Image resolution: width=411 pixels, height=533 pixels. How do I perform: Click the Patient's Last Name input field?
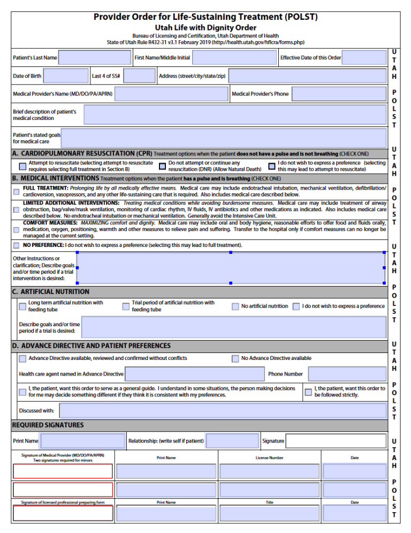pyautogui.click(x=95, y=57)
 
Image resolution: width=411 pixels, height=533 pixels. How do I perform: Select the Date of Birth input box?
pyautogui.click(x=66, y=76)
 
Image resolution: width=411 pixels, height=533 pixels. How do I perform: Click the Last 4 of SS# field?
pyautogui.click(x=139, y=76)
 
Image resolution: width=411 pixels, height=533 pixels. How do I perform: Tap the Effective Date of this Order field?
pyautogui.click(x=364, y=57)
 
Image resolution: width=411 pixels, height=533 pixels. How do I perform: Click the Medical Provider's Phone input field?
pyautogui.click(x=338, y=94)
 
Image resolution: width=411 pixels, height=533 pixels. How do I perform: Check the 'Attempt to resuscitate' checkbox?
pyautogui.click(x=22, y=166)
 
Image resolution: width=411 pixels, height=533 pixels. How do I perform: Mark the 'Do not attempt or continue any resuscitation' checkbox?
pyautogui.click(x=162, y=166)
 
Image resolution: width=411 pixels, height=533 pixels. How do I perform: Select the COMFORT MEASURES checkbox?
pyautogui.click(x=16, y=229)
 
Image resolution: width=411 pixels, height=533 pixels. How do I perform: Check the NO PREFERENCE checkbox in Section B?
pyautogui.click(x=16, y=245)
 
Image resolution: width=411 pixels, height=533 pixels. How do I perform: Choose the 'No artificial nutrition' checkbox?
pyautogui.click(x=235, y=306)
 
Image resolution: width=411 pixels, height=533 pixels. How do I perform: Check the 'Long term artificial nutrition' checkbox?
pyautogui.click(x=22, y=306)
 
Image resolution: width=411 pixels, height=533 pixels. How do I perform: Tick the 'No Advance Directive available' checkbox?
pyautogui.click(x=235, y=358)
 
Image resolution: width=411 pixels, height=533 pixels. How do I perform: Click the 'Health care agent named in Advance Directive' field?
pyautogui.click(x=194, y=374)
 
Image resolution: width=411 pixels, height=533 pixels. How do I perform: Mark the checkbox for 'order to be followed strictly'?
pyautogui.click(x=308, y=392)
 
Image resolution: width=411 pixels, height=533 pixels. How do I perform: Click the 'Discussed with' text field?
pyautogui.click(x=223, y=411)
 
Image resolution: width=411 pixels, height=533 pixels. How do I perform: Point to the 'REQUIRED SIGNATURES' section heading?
pyautogui.click(x=48, y=425)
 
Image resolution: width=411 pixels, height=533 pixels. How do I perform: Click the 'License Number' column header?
pyautogui.click(x=269, y=458)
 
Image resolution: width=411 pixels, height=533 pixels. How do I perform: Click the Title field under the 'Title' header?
pyautogui.click(x=269, y=514)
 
